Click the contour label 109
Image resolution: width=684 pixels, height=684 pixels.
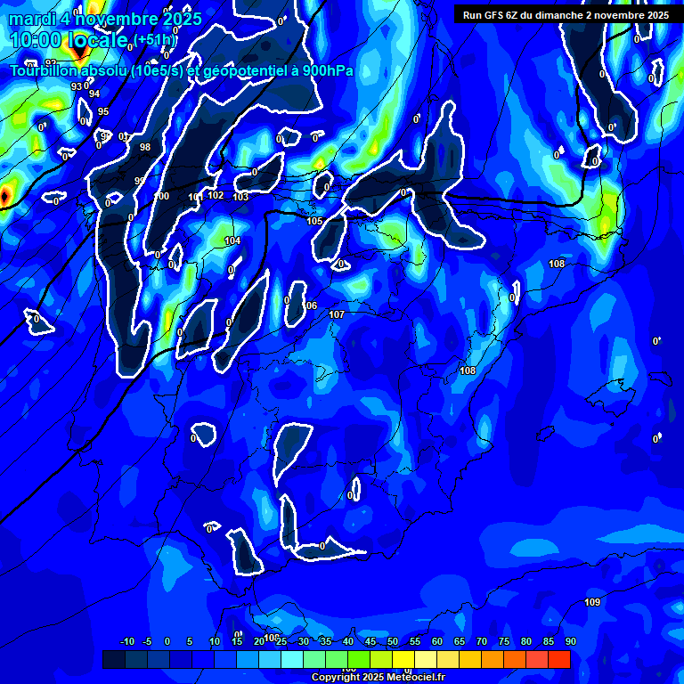pyautogui.click(x=592, y=603)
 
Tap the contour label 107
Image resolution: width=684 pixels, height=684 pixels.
pyautogui.click(x=337, y=315)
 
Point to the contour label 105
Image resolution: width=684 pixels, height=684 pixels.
pyautogui.click(x=315, y=221)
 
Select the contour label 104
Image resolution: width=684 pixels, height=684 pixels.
pyautogui.click(x=232, y=241)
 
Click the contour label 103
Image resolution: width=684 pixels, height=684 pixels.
pyautogui.click(x=240, y=197)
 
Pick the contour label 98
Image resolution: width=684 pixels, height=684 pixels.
pyautogui.click(x=145, y=148)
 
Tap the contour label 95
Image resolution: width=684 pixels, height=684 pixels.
pyautogui.click(x=103, y=111)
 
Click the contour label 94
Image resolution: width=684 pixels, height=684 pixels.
pyautogui.click(x=94, y=94)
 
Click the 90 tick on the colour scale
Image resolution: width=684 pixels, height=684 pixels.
pyautogui.click(x=570, y=642)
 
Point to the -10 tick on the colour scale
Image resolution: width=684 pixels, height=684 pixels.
pyautogui.click(x=126, y=642)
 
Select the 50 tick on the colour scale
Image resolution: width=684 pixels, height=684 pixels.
pyautogui.click(x=393, y=642)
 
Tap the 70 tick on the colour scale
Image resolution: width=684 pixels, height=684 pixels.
pyautogui.click(x=482, y=642)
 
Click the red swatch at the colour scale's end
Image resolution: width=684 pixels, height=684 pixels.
pyautogui.click(x=559, y=659)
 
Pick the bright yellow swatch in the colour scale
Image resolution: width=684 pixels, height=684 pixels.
pyautogui.click(x=426, y=659)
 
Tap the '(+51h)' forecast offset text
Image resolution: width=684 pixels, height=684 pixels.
pyautogui.click(x=154, y=39)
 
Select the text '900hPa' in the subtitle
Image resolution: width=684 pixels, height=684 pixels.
pyautogui.click(x=323, y=71)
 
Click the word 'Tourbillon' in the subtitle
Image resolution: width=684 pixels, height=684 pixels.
pyautogui.click(x=46, y=71)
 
